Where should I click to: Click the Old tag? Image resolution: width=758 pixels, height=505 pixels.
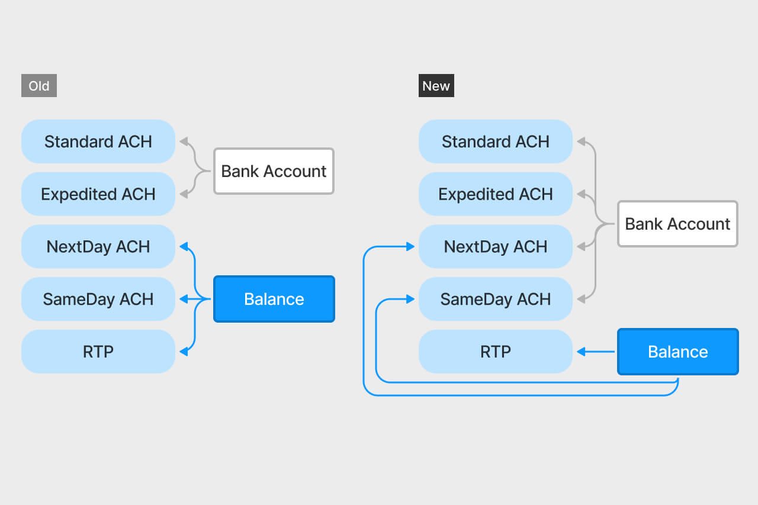click(x=39, y=86)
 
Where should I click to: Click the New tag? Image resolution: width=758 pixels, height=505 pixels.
click(x=436, y=86)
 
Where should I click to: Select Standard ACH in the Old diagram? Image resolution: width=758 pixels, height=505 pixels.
click(x=98, y=141)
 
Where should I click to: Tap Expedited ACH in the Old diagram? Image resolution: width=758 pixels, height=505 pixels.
click(x=98, y=194)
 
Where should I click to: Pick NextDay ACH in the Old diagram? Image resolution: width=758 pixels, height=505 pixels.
click(x=98, y=247)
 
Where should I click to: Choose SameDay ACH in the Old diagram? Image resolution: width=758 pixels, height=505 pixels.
click(x=98, y=299)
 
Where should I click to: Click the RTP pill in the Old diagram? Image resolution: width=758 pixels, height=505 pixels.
click(x=98, y=352)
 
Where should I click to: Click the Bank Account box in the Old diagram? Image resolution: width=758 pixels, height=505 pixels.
click(x=274, y=171)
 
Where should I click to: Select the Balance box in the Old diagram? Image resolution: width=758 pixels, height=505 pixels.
click(x=274, y=299)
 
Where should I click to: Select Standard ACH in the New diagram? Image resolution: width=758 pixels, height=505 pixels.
click(x=496, y=141)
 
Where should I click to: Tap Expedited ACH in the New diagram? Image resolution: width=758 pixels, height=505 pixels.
click(x=496, y=194)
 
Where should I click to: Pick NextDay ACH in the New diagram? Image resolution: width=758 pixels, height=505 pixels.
click(x=496, y=247)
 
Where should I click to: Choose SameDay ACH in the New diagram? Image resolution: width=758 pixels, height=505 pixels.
click(x=496, y=299)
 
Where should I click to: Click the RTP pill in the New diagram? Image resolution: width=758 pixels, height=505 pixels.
click(x=496, y=352)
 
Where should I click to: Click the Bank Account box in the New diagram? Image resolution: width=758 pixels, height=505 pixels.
click(x=678, y=224)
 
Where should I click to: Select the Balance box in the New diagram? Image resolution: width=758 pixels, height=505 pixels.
click(x=678, y=352)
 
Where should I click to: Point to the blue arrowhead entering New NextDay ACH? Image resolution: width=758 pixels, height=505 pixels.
click(x=410, y=247)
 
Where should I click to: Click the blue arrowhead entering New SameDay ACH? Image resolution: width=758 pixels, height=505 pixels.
click(x=410, y=299)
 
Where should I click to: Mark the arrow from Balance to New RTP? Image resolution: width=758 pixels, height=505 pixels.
click(x=596, y=352)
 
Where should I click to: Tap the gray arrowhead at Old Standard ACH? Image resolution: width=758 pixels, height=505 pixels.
click(x=184, y=141)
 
